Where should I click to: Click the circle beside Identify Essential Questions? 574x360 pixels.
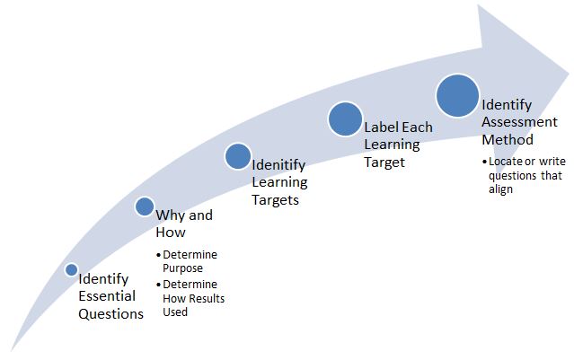click(72, 269)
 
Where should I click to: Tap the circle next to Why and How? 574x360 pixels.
click(145, 207)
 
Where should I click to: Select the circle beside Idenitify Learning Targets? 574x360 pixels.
click(237, 157)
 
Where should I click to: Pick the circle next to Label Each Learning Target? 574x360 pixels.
click(344, 119)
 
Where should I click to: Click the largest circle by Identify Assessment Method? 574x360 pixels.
click(456, 95)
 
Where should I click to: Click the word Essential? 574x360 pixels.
click(107, 295)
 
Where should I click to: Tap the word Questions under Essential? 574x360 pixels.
click(110, 313)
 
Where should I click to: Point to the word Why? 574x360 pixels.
click(172, 215)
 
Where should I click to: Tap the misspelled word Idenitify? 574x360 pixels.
click(278, 166)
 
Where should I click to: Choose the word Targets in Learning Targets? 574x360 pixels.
click(275, 199)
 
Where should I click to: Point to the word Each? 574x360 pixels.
click(417, 127)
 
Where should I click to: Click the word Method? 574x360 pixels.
click(507, 140)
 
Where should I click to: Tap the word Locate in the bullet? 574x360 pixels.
click(505, 162)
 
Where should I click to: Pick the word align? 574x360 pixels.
click(500, 190)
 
